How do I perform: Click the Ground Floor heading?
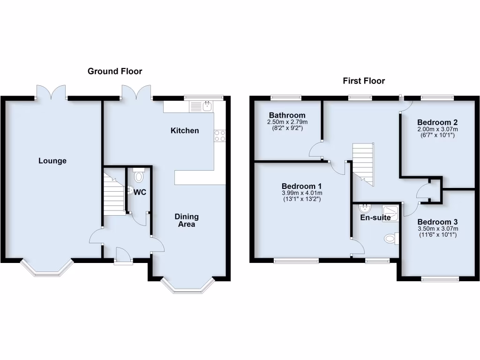click(x=115, y=71)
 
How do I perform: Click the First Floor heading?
click(x=364, y=81)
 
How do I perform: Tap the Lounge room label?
click(x=52, y=161)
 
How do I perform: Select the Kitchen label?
click(x=185, y=131)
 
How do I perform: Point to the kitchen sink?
click(x=207, y=107)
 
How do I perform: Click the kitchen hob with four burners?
click(x=219, y=135)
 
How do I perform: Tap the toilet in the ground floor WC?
click(x=139, y=176)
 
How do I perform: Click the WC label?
click(x=140, y=192)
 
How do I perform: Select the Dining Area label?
click(x=187, y=220)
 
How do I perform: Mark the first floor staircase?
click(x=363, y=162)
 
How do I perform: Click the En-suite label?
click(x=375, y=217)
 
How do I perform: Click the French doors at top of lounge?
click(x=52, y=92)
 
